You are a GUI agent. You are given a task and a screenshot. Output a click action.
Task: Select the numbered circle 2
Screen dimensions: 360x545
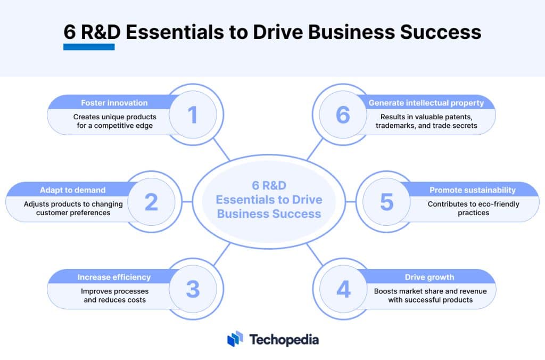[151, 202]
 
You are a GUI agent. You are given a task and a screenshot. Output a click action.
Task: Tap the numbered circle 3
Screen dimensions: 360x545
[192, 289]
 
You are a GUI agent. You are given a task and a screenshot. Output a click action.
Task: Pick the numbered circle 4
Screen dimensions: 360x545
[343, 289]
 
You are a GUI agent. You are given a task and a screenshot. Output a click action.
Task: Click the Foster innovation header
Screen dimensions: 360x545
[114, 102]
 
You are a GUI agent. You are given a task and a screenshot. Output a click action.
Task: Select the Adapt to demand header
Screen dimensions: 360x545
[72, 190]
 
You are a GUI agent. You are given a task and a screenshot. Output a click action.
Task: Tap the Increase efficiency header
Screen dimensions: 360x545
[114, 277]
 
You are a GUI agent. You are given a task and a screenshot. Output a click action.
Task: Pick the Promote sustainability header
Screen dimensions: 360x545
[472, 190]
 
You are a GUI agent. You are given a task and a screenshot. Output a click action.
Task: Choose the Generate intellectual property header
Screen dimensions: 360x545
[426, 102]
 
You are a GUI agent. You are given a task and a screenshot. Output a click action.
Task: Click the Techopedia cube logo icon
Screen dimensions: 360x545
[235, 339]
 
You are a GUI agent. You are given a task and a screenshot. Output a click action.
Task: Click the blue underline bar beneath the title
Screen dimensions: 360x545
[89, 47]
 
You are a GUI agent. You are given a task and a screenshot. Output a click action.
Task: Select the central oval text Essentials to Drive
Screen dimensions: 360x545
[269, 200]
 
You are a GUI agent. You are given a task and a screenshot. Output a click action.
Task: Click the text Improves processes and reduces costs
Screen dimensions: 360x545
[114, 296]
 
